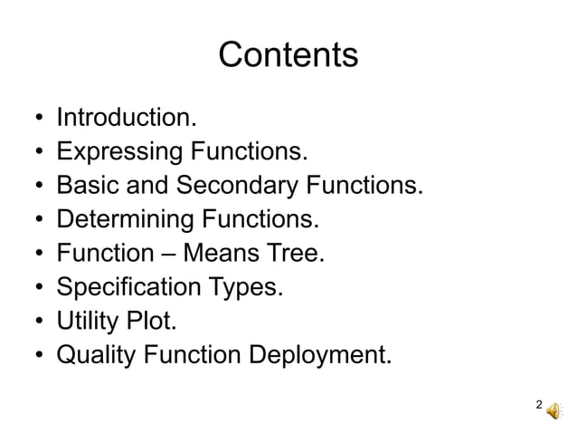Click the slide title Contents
coord(288,55)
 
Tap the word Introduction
coord(126,118)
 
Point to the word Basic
coord(82,186)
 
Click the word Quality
coord(92,354)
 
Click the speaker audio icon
coord(553,409)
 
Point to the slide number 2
coord(539,405)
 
